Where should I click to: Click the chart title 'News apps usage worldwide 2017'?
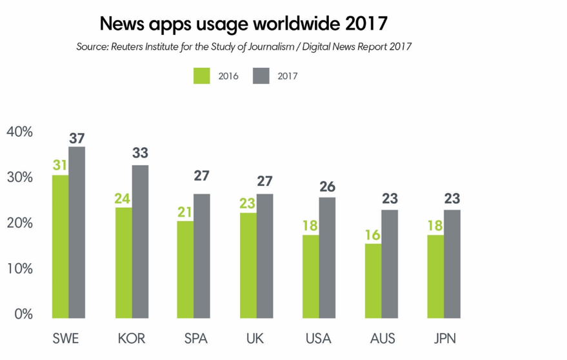pyautogui.click(x=243, y=24)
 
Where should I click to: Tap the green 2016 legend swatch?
pyautogui.click(x=202, y=75)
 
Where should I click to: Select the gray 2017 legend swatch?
pyautogui.click(x=261, y=75)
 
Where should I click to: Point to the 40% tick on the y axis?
pyautogui.click(x=19, y=132)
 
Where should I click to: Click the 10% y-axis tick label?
pyautogui.click(x=19, y=268)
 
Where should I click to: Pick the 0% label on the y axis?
pyautogui.click(x=23, y=314)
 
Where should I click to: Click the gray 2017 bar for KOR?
pyautogui.click(x=140, y=241)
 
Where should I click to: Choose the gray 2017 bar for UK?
pyautogui.click(x=264, y=255)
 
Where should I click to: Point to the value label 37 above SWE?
pyautogui.click(x=77, y=138)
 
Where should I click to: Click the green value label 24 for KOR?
pyautogui.click(x=123, y=199)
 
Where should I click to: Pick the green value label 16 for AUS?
pyautogui.click(x=373, y=234)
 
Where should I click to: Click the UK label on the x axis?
pyautogui.click(x=256, y=339)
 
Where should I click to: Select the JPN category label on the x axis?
pyautogui.click(x=444, y=339)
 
